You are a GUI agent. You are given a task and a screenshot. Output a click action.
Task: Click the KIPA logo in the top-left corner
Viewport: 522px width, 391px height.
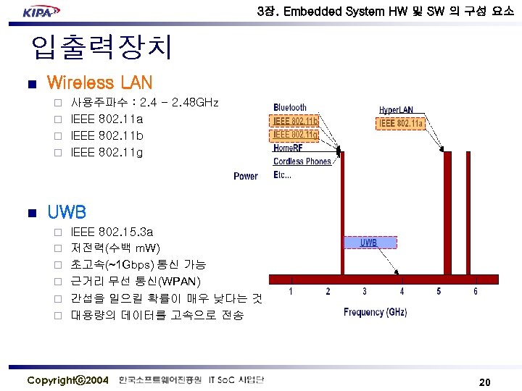point(41,12)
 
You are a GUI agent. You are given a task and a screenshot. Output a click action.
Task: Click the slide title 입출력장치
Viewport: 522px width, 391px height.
point(101,48)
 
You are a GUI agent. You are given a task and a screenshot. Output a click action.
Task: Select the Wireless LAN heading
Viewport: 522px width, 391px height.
point(99,82)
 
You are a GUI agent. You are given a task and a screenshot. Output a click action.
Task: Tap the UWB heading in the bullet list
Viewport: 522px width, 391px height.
point(67,212)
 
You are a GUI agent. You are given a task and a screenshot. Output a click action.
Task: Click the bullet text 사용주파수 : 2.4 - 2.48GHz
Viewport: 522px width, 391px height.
point(144,104)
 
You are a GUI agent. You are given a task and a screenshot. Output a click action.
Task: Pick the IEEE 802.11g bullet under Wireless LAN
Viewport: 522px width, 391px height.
point(107,152)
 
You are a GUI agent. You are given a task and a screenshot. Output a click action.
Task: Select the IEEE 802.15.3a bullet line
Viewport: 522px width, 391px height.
point(112,232)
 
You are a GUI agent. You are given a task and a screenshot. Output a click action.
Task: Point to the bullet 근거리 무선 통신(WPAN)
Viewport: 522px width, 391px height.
point(136,282)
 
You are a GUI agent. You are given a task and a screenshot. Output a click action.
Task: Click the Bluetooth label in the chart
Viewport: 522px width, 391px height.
point(290,108)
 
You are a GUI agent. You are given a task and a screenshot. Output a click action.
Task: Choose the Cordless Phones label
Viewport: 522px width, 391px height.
point(302,161)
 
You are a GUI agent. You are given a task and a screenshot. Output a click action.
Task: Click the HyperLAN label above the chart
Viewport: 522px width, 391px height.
point(396,110)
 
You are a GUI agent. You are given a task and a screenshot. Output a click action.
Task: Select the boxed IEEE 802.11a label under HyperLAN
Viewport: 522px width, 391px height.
point(401,124)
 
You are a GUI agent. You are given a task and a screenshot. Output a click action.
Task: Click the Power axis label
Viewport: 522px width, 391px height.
point(246,176)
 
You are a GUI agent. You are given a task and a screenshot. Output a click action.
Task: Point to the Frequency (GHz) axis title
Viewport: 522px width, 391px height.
point(375,313)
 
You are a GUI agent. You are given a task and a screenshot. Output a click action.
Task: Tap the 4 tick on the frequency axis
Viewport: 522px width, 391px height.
point(402,292)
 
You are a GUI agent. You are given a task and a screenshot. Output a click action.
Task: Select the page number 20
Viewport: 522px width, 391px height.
point(485,382)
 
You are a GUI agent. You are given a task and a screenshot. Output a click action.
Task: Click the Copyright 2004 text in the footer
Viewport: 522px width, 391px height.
point(67,380)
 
